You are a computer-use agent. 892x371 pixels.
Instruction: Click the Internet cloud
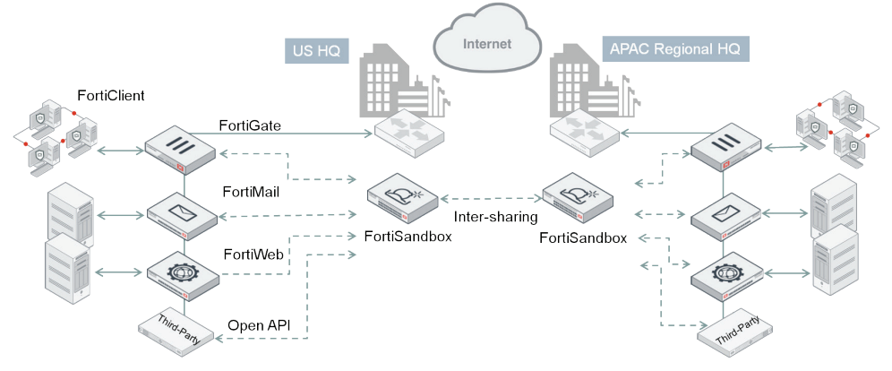pyautogui.click(x=486, y=39)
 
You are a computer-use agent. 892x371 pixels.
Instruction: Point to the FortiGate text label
pyautogui.click(x=250, y=126)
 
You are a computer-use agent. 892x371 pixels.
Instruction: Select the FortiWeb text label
pyautogui.click(x=253, y=255)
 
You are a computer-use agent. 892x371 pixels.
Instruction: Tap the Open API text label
pyautogui.click(x=261, y=324)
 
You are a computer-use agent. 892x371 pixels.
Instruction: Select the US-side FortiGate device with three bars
pyautogui.click(x=183, y=148)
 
